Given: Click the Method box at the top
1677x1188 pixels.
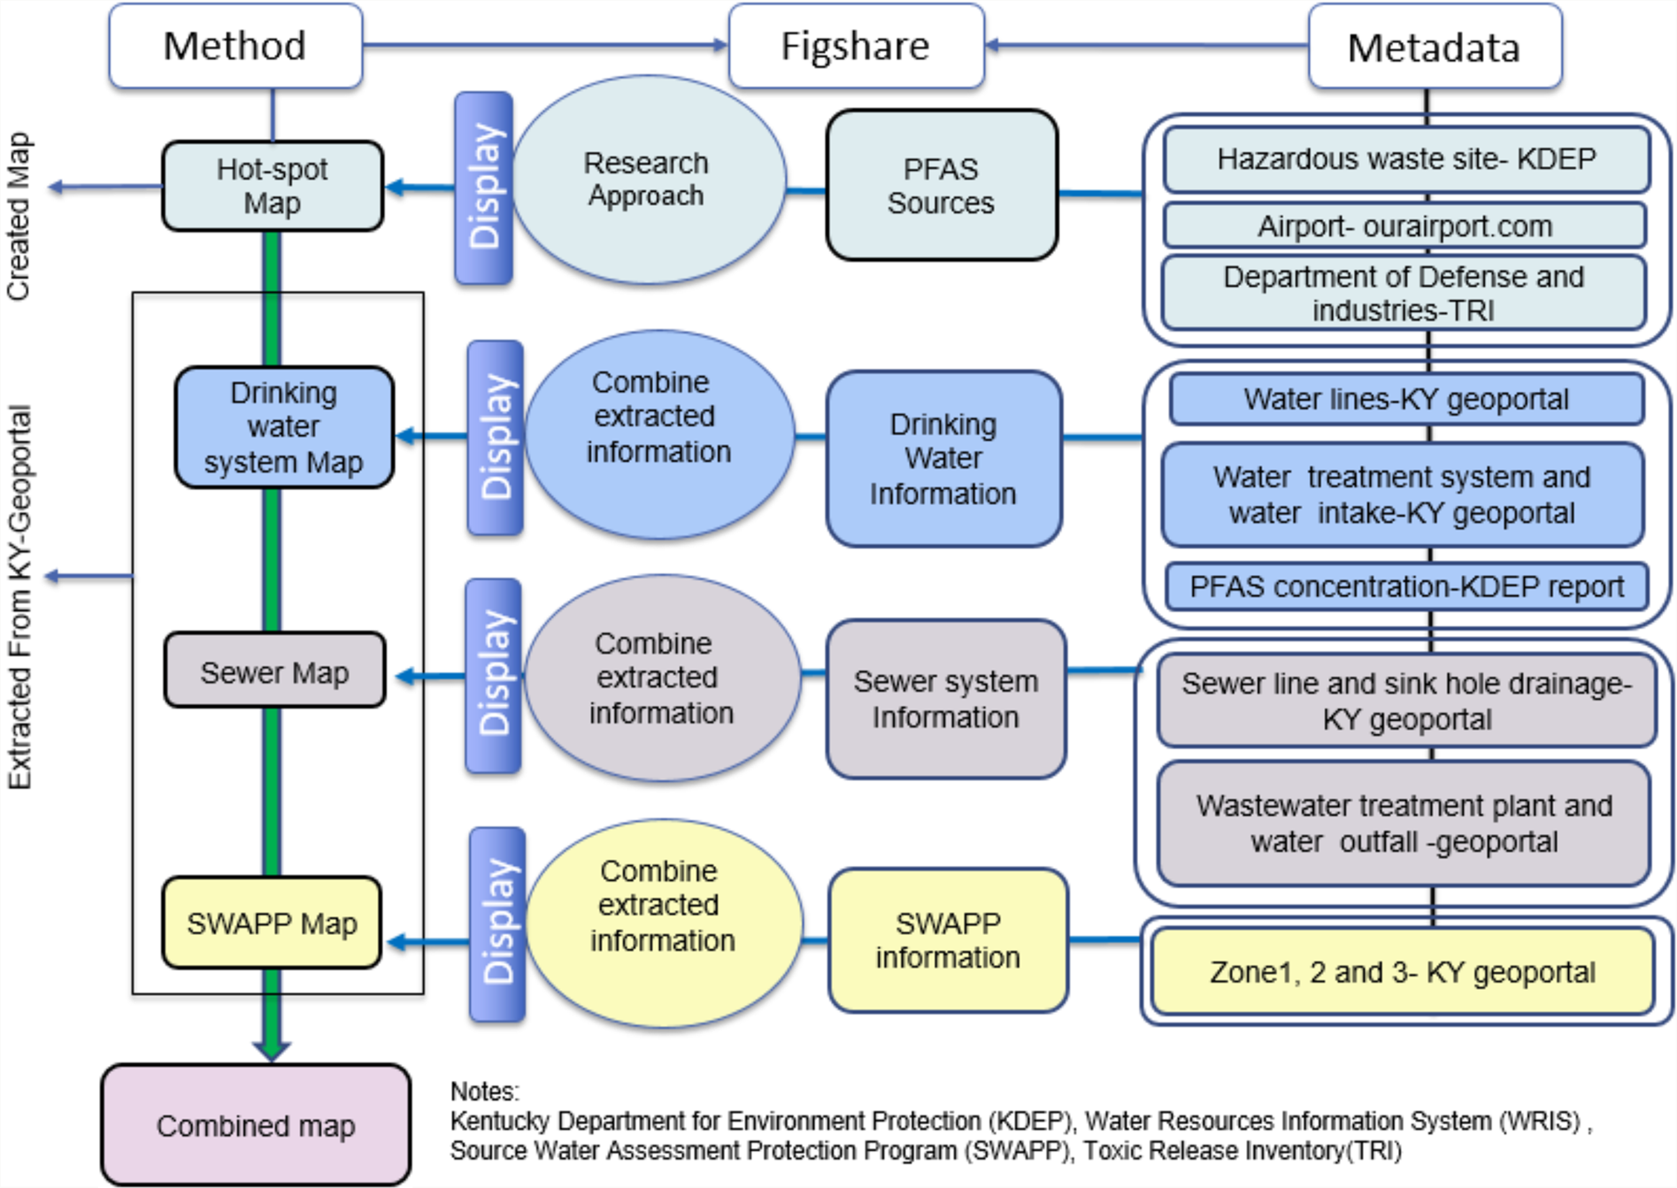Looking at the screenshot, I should point(235,46).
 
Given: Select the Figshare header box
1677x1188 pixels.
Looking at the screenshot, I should point(856,46).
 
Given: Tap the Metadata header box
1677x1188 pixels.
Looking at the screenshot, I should point(1435,47).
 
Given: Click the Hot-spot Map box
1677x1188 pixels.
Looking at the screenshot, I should point(273,186).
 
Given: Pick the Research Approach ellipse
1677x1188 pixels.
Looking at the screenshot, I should point(647,180).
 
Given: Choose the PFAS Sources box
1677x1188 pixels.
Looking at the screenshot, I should point(942,186).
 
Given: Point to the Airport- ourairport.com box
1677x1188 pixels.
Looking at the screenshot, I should point(1405,226).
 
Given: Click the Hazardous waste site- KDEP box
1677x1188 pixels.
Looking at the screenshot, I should point(1406,159).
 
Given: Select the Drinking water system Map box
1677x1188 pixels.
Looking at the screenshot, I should point(284,427).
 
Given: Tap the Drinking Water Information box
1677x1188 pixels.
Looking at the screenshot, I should point(943,459).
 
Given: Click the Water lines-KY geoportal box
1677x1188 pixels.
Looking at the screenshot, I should point(1406,399).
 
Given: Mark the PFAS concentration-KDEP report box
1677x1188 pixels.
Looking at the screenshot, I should point(1406,586).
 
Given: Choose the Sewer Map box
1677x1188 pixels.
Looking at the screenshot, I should point(274,672).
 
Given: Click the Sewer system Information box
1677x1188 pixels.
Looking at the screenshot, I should point(946,699).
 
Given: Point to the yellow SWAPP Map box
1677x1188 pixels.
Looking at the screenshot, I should point(272,924).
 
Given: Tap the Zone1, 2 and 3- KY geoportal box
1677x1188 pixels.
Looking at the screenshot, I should point(1403,972).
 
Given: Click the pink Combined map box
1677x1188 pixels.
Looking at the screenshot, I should point(256,1125).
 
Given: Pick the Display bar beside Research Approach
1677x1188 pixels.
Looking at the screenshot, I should point(483,188).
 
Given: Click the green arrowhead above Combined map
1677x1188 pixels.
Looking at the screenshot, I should point(272,1049).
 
